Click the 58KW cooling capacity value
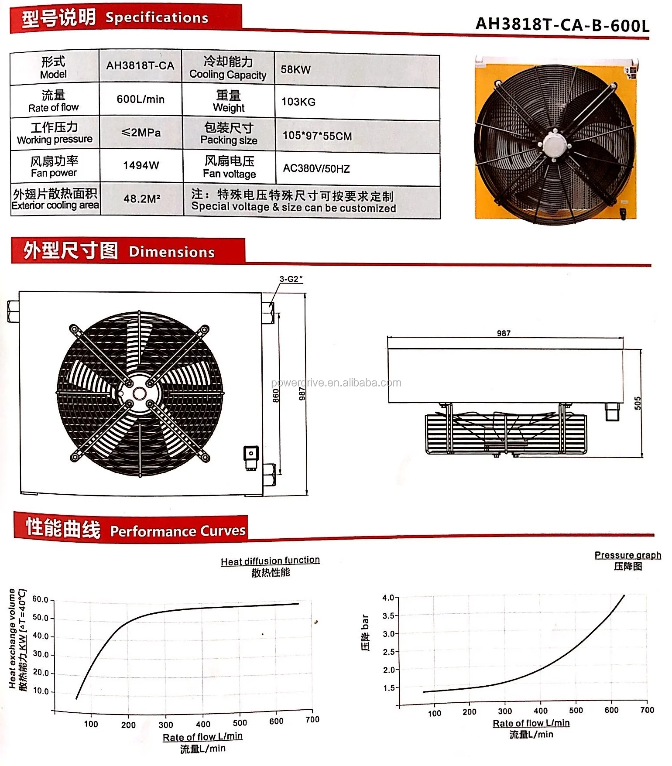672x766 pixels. (295, 70)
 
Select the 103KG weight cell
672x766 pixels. (298, 102)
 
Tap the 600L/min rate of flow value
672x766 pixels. (141, 99)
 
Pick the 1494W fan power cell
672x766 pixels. (141, 165)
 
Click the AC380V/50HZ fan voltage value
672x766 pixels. (316, 169)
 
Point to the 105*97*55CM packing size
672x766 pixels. (317, 136)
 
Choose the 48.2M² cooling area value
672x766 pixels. (142, 199)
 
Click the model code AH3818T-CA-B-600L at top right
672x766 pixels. (562, 25)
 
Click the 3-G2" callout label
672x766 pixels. (291, 279)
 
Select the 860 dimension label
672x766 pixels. (276, 395)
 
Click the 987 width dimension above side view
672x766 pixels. (504, 333)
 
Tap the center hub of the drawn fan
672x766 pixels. (140, 393)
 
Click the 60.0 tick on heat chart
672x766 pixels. (40, 599)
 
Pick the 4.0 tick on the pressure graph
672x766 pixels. (388, 598)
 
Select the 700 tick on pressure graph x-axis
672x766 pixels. (647, 710)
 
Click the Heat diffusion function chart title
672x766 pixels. (270, 561)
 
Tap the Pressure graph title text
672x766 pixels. (627, 555)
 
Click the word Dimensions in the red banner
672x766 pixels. (171, 252)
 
